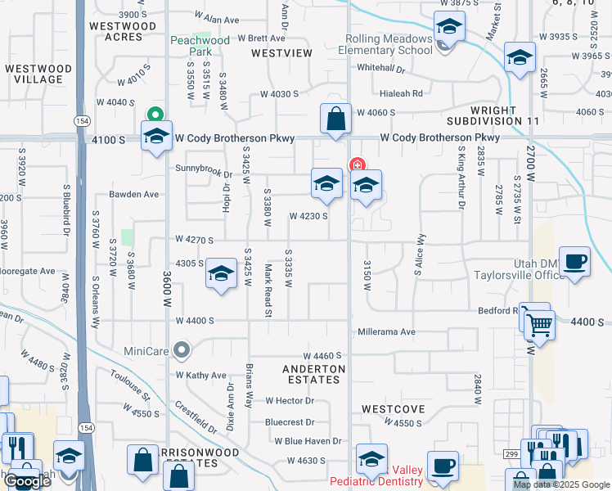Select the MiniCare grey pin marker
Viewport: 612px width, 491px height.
click(x=182, y=351)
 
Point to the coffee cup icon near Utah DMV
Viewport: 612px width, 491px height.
click(x=574, y=262)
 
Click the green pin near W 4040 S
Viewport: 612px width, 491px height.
click(x=153, y=115)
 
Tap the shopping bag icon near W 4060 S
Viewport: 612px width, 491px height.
click(x=335, y=119)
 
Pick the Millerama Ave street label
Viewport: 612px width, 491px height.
click(x=387, y=332)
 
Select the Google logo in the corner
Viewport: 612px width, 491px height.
click(x=28, y=480)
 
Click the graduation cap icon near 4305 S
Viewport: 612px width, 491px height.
click(x=220, y=274)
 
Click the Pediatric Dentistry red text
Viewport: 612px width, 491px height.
click(x=376, y=481)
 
